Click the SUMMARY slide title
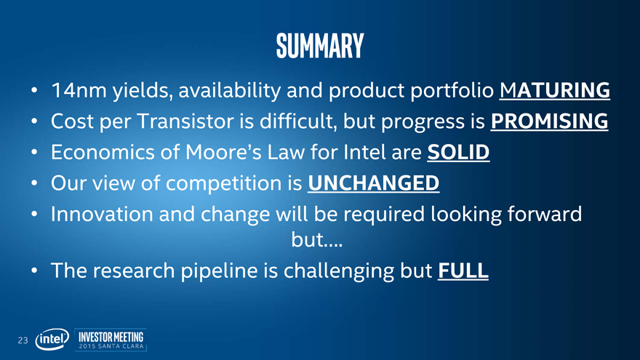coord(320,46)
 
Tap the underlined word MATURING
coord(555,90)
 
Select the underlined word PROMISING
coord(549,121)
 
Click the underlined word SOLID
coord(458,152)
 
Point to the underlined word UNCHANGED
coord(374,183)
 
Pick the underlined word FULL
coord(463,271)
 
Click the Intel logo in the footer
coord(52,339)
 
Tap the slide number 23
coord(23,340)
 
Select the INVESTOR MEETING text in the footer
coord(111,337)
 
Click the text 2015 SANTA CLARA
coord(111,346)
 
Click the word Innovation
coord(102,214)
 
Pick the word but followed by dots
coord(317,239)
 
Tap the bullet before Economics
coord(34,152)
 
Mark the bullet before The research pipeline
coord(34,271)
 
